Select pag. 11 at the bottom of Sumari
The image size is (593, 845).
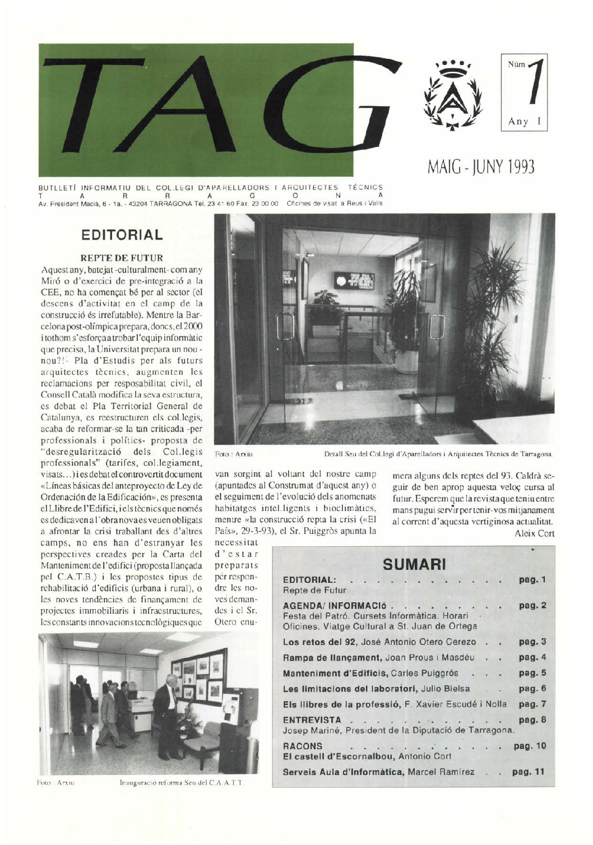click(x=529, y=772)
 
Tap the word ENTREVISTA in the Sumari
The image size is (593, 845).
click(x=312, y=719)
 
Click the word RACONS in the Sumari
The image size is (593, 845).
click(x=303, y=746)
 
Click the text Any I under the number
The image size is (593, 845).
click(x=523, y=121)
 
